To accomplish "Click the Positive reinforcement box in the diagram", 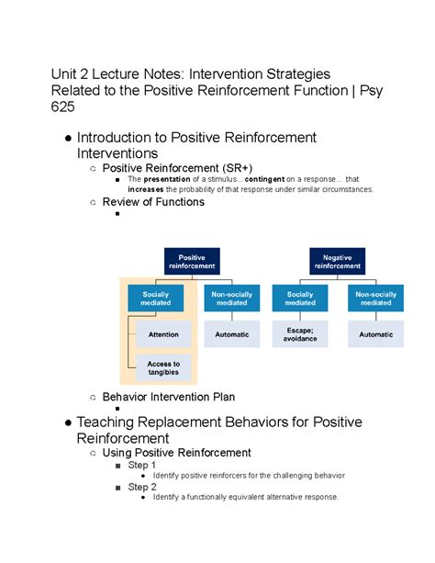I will (x=192, y=261).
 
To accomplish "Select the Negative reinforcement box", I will (x=338, y=261).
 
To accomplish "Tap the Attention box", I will (x=163, y=335).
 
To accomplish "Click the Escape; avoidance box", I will (x=300, y=335).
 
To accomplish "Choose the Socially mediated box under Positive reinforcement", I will (x=156, y=298).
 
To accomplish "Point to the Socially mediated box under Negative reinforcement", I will (x=300, y=298).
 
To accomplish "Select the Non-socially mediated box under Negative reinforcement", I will (x=376, y=298).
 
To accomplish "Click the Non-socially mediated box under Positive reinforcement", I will (x=231, y=298).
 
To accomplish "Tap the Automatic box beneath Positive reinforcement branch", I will (x=231, y=335).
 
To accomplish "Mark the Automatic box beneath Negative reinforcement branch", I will (x=376, y=335).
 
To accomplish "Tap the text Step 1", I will (x=142, y=466).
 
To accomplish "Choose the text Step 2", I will (x=142, y=487).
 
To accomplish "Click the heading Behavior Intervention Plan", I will (x=168, y=397).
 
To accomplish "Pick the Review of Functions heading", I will (x=153, y=202).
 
